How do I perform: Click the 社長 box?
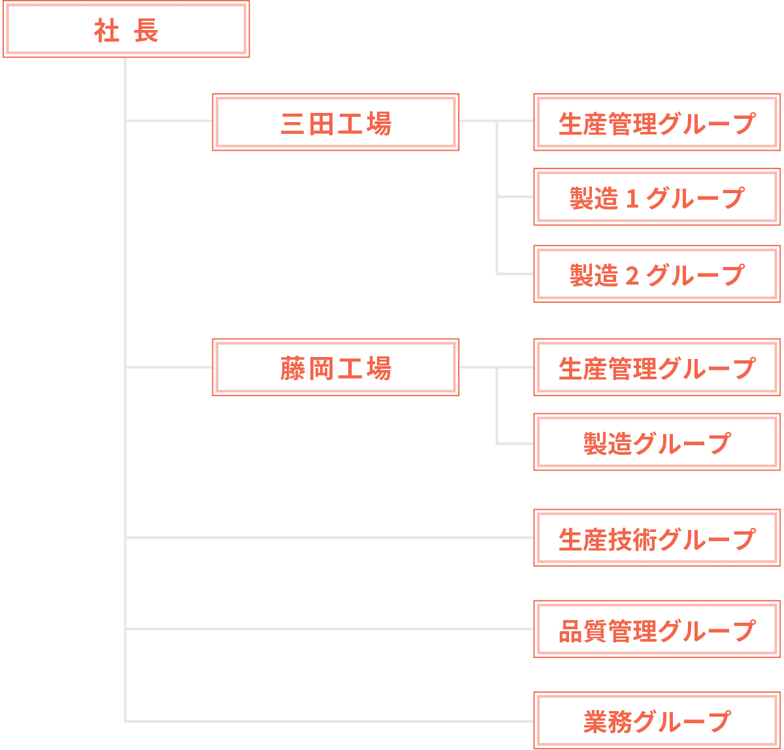pyautogui.click(x=126, y=29)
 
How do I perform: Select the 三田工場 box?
pyautogui.click(x=335, y=122)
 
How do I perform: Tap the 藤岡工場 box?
pyautogui.click(x=335, y=367)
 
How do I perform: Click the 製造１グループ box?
pyautogui.click(x=657, y=197)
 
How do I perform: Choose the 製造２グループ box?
pyautogui.click(x=657, y=274)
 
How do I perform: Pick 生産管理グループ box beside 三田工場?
pyautogui.click(x=657, y=122)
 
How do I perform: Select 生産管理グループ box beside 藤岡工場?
pyautogui.click(x=657, y=367)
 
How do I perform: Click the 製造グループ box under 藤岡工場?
pyautogui.click(x=657, y=442)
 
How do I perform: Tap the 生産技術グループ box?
pyautogui.click(x=657, y=538)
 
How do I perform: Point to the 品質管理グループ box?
pyautogui.click(x=657, y=629)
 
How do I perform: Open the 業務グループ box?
pyautogui.click(x=657, y=721)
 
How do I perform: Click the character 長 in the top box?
pyautogui.click(x=146, y=31)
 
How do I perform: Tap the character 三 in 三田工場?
pyautogui.click(x=292, y=123)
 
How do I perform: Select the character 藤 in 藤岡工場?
pyautogui.click(x=292, y=369)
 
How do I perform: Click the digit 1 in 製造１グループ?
pyautogui.click(x=631, y=198)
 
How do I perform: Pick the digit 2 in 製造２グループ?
pyautogui.click(x=631, y=275)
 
